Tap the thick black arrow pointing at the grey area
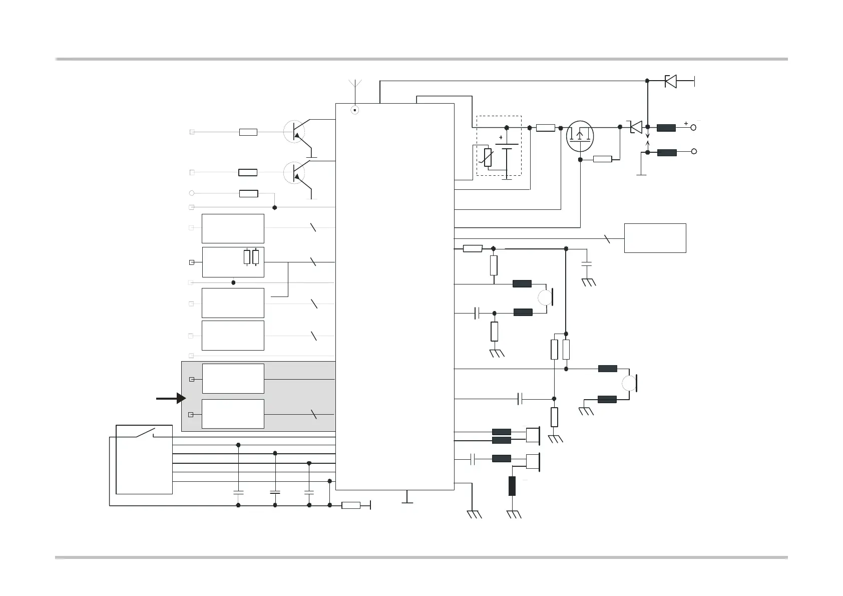pyautogui.click(x=171, y=399)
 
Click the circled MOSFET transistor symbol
pyautogui.click(x=580, y=136)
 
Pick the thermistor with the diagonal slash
pyautogui.click(x=488, y=157)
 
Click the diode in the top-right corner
pyautogui.click(x=671, y=81)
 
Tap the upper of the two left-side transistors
pyautogui.click(x=294, y=132)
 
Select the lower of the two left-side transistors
pyautogui.click(x=294, y=173)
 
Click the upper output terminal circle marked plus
pyautogui.click(x=694, y=128)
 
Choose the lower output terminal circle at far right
pyautogui.click(x=694, y=151)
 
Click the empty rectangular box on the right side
pyautogui.click(x=655, y=238)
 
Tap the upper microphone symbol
pyautogui.click(x=545, y=297)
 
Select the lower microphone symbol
pyautogui.click(x=629, y=384)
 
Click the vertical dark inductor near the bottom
pyautogui.click(x=512, y=486)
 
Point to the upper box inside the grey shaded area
pyautogui.click(x=233, y=379)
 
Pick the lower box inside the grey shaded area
pyautogui.click(x=233, y=414)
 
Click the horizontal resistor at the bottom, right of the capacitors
pyautogui.click(x=351, y=505)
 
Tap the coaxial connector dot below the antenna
pyautogui.click(x=355, y=110)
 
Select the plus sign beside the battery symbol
pyautogui.click(x=501, y=137)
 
